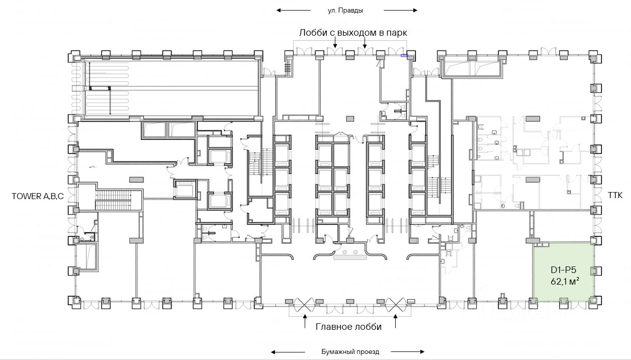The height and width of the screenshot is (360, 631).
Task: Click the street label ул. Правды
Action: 345,11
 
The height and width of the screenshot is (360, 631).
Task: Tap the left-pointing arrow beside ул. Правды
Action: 293,11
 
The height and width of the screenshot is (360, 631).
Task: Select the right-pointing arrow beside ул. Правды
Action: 400,11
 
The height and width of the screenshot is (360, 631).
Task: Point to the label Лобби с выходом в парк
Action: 353,33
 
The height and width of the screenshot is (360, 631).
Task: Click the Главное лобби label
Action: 348,327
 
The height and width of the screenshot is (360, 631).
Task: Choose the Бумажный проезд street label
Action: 350,352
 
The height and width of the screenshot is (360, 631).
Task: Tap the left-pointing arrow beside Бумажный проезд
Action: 288,352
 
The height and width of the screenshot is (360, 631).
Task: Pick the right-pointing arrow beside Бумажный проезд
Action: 408,351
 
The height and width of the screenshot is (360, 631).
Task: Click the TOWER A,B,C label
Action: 38,196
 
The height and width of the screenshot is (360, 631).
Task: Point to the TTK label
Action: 615,195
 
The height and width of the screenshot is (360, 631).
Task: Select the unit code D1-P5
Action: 564,270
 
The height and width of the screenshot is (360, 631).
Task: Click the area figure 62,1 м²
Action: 565,281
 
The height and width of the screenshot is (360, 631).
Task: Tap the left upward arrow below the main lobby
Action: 305,321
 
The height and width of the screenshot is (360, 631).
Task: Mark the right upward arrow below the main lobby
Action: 396,321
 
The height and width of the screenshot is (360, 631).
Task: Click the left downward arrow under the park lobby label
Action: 335,43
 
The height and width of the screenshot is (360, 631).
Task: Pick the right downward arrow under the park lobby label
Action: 365,43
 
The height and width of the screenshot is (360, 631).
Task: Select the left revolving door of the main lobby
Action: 305,305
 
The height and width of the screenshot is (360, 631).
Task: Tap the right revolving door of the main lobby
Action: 396,305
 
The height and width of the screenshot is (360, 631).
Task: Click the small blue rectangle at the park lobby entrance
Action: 404,55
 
